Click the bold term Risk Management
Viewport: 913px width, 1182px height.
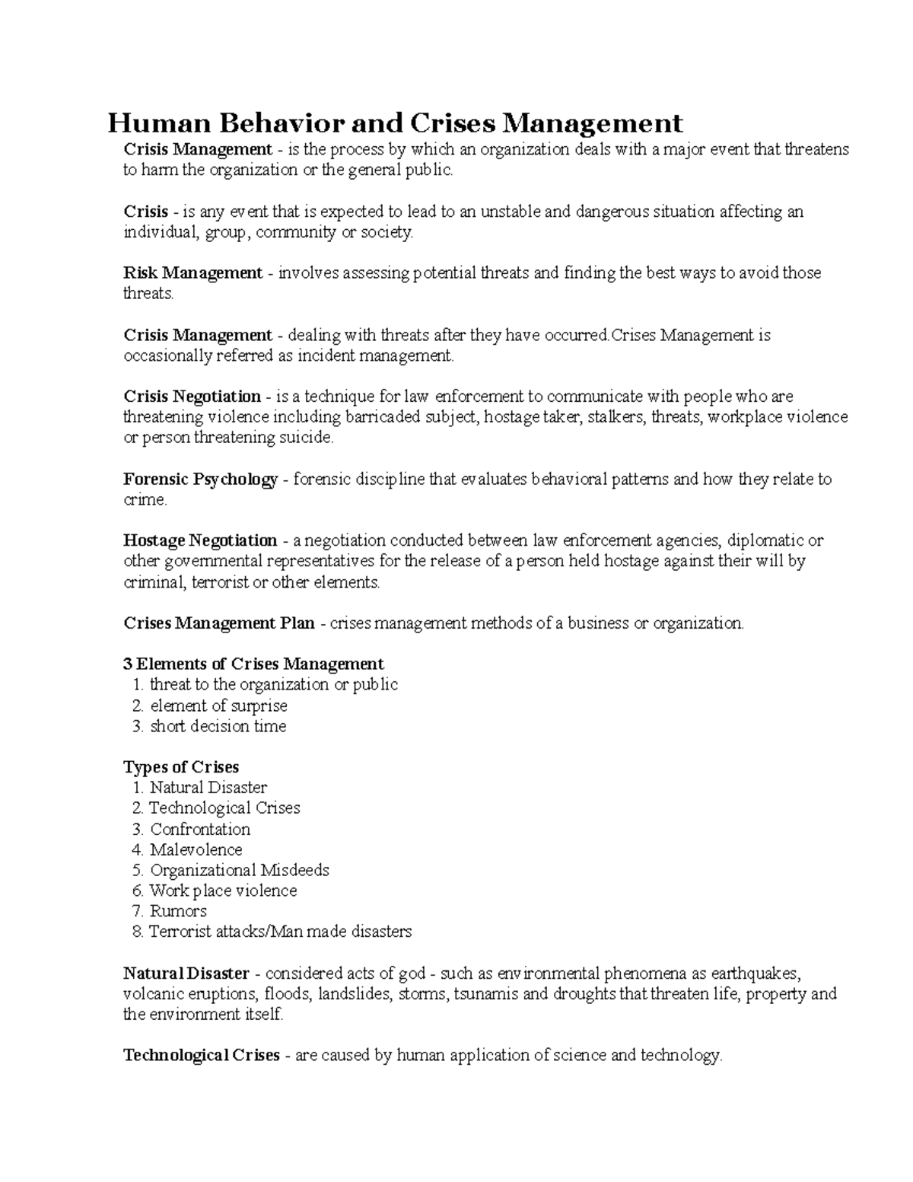pos(192,272)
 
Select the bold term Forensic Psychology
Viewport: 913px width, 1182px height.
pos(200,479)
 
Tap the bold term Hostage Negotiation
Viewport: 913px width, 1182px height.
pos(200,540)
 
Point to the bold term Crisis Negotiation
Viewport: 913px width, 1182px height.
pos(192,396)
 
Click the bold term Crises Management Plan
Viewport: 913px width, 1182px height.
pos(219,623)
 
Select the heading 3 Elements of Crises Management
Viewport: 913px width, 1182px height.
pos(253,664)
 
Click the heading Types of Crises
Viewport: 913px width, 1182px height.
pos(181,766)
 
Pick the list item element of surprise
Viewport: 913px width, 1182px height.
pos(218,706)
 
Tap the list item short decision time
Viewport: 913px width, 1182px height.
pos(218,726)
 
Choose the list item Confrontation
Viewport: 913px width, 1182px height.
pos(200,829)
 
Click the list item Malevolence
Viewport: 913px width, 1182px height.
pos(196,849)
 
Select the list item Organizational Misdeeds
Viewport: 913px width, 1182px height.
pos(240,870)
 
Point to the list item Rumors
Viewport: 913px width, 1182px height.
pos(178,911)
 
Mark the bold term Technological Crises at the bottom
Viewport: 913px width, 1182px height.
pos(202,1055)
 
